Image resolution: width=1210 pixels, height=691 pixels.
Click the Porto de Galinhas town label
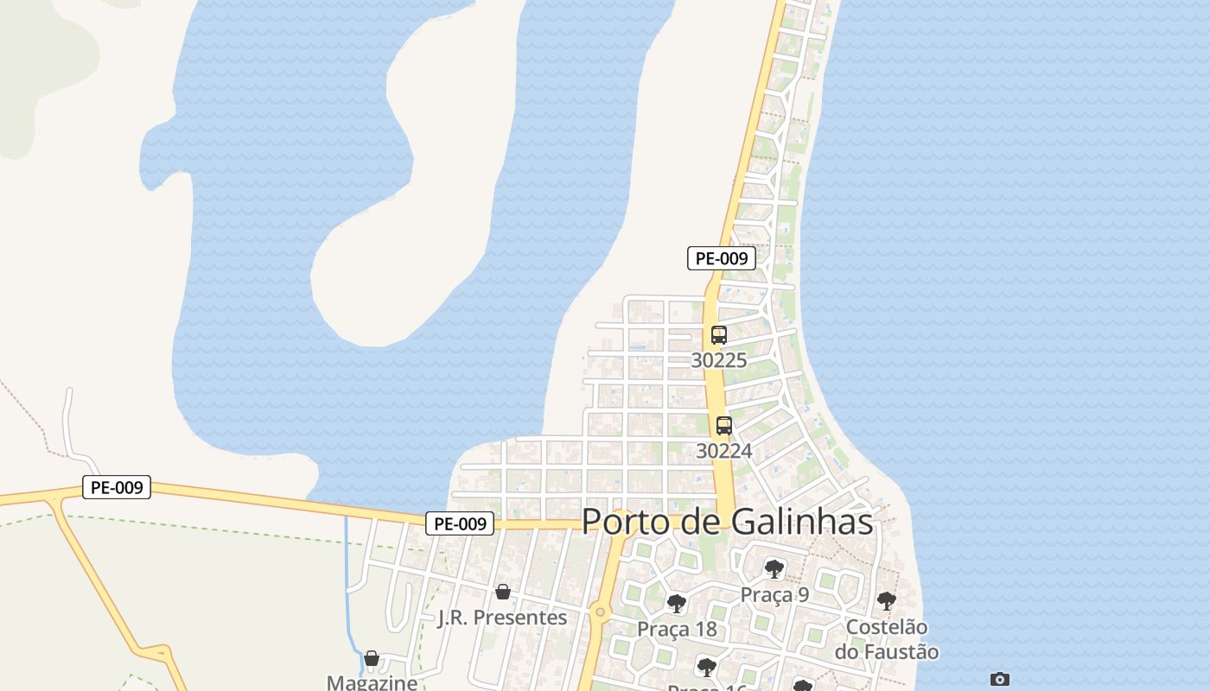(727, 522)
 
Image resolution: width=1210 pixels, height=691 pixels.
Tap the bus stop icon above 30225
(719, 335)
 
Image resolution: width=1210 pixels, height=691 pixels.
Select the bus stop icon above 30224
(724, 426)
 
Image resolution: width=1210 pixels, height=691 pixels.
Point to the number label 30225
(719, 360)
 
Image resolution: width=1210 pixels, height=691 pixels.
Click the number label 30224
(724, 451)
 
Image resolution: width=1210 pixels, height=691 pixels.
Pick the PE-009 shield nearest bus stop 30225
(722, 258)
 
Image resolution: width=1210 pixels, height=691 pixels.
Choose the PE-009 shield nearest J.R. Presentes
(460, 523)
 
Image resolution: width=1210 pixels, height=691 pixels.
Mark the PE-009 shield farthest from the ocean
(117, 488)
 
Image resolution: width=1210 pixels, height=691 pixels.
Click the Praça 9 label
(774, 594)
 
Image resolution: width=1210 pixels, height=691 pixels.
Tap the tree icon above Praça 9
(774, 569)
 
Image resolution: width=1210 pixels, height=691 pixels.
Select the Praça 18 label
(677, 629)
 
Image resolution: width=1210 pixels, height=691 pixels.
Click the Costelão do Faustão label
(887, 639)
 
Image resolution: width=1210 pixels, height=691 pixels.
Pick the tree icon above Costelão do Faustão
(886, 601)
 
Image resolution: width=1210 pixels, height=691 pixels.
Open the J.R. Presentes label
(502, 618)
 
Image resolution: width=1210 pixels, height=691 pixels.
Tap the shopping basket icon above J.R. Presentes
(503, 593)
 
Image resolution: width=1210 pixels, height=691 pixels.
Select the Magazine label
(372, 682)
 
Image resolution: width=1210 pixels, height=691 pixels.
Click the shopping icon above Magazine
(372, 659)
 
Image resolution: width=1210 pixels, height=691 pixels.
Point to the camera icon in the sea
(1000, 680)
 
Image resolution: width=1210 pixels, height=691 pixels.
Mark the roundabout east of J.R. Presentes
(601, 613)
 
